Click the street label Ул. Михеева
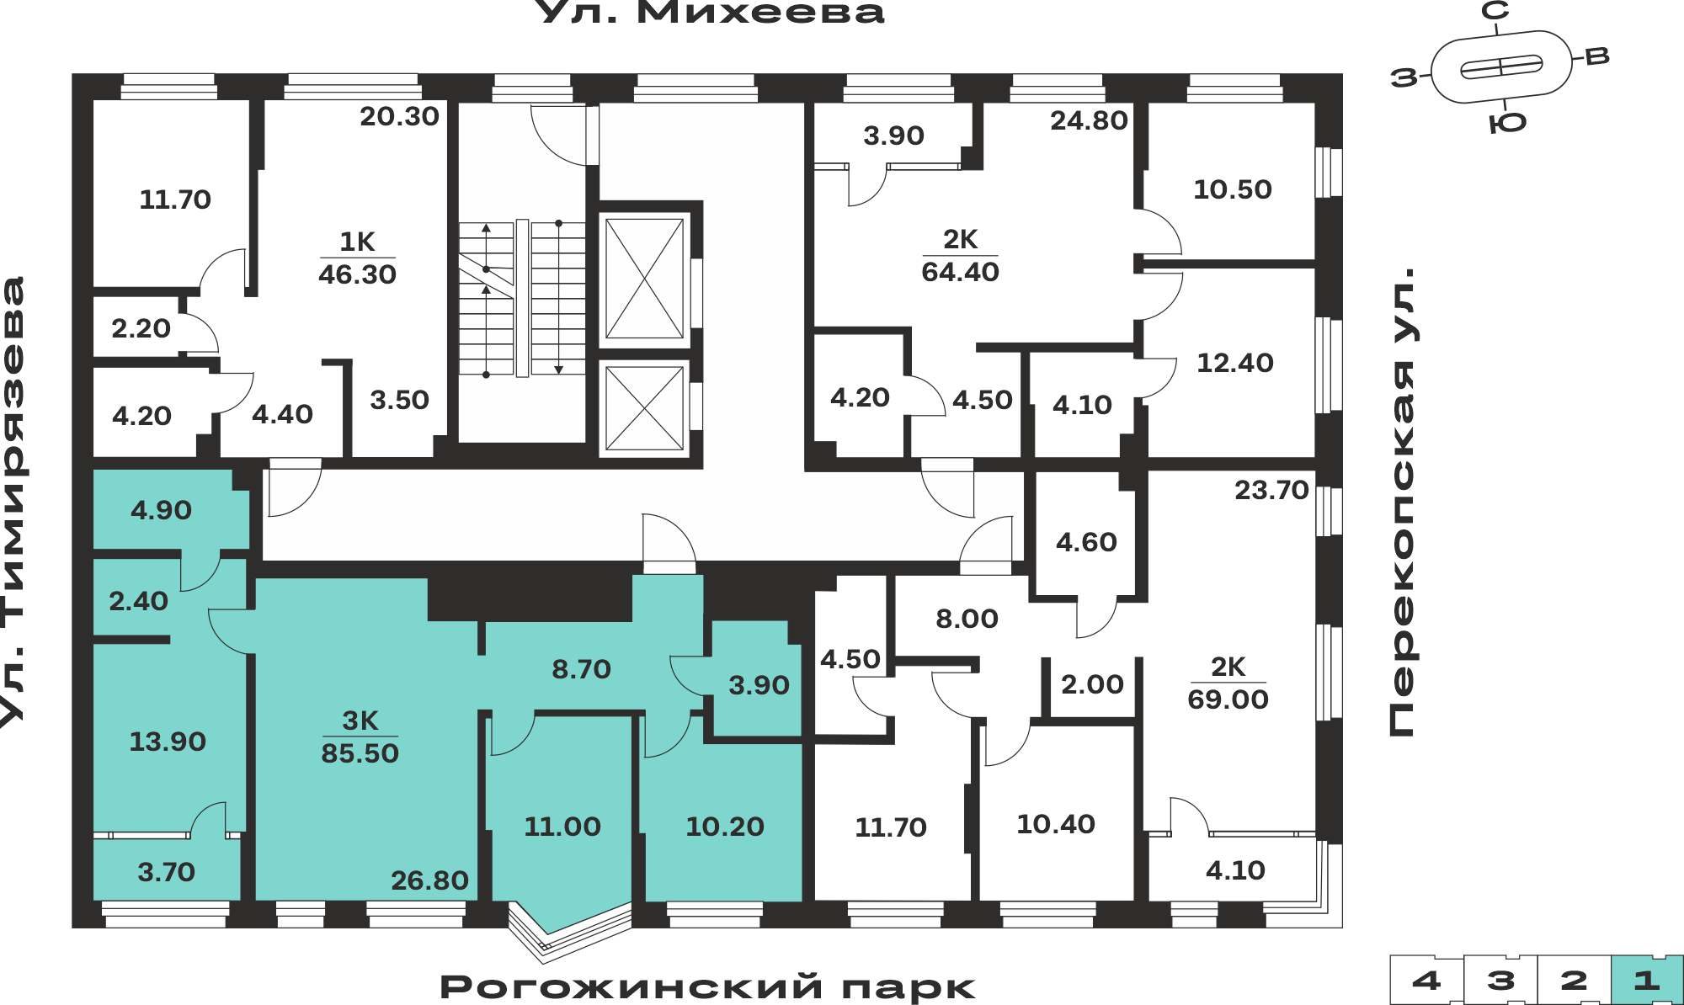pyautogui.click(x=710, y=13)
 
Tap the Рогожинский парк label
pyautogui.click(x=707, y=986)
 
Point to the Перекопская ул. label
pyautogui.click(x=1403, y=502)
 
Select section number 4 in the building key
pyautogui.click(x=1426, y=981)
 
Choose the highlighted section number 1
pyautogui.click(x=1647, y=981)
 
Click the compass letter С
pyautogui.click(x=1495, y=11)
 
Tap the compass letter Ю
pyautogui.click(x=1507, y=124)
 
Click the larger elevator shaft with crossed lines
pyautogui.click(x=644, y=279)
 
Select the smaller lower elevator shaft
pyautogui.click(x=644, y=408)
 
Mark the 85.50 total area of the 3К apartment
pyautogui.click(x=360, y=752)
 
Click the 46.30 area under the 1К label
pyautogui.click(x=357, y=274)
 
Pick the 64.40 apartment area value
pyautogui.click(x=960, y=272)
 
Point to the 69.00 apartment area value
pyautogui.click(x=1228, y=699)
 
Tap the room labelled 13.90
pyautogui.click(x=168, y=742)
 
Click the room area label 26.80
pyautogui.click(x=429, y=880)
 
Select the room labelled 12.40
pyautogui.click(x=1235, y=363)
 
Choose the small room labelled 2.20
pyautogui.click(x=141, y=328)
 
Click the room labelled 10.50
pyautogui.click(x=1233, y=189)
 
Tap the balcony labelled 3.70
pyautogui.click(x=166, y=872)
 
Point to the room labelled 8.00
pyautogui.click(x=967, y=619)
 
